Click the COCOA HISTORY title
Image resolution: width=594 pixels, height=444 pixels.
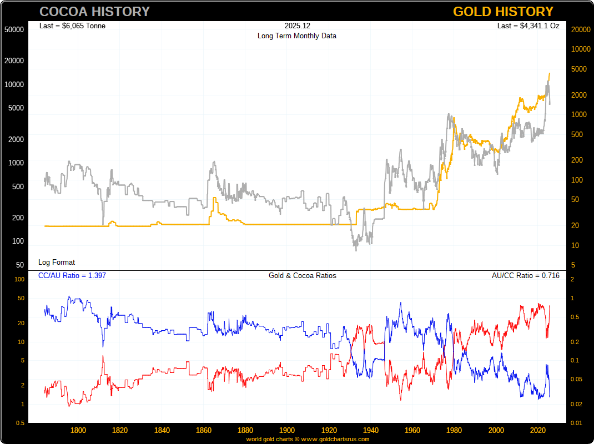94,12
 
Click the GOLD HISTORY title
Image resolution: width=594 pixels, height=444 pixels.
503,12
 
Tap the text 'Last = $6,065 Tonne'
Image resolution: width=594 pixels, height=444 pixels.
72,26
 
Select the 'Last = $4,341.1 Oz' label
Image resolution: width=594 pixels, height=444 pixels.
528,26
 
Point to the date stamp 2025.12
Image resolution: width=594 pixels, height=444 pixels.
296,26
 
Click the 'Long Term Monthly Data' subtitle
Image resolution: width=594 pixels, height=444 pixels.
296,36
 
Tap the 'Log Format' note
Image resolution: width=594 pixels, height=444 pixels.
57,262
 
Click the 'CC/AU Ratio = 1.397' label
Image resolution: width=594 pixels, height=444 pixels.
72,275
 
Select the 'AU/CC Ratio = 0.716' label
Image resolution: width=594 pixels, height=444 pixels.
525,275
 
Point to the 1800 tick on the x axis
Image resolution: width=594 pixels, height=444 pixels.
78,430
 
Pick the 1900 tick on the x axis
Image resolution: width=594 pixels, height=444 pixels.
287,430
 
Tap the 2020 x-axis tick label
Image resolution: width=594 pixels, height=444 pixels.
538,430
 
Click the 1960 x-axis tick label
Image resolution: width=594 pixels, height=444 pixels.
412,430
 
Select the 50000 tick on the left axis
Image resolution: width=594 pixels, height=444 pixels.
14,29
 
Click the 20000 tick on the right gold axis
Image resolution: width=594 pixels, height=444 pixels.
580,29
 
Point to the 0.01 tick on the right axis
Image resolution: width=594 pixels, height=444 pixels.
576,423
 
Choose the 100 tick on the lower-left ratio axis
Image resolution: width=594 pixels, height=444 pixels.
19,279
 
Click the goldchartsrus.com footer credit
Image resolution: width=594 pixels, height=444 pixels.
308,439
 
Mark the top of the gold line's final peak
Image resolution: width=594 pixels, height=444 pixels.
549,73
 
